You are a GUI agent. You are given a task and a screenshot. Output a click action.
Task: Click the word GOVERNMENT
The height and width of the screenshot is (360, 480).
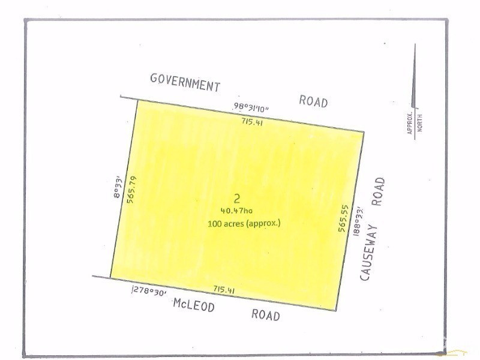point(185,83)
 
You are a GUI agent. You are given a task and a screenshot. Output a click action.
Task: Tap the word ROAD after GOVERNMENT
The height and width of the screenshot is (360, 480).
point(313,101)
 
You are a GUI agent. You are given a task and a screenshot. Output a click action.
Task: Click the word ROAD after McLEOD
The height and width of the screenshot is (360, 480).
point(265,314)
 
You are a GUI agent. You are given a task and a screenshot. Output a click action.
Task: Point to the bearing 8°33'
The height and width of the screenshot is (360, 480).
point(119,182)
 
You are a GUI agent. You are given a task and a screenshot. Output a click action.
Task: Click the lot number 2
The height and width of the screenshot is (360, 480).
point(238,198)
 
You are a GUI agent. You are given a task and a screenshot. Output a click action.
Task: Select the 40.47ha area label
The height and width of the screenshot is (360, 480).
point(238,211)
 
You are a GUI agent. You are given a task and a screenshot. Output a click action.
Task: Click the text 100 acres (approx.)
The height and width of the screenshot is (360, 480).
point(243,223)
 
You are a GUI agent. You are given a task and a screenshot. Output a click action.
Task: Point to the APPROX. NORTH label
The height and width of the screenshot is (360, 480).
point(415,123)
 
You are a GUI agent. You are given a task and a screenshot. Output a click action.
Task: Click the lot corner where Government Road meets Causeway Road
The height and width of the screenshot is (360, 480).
point(364,131)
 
